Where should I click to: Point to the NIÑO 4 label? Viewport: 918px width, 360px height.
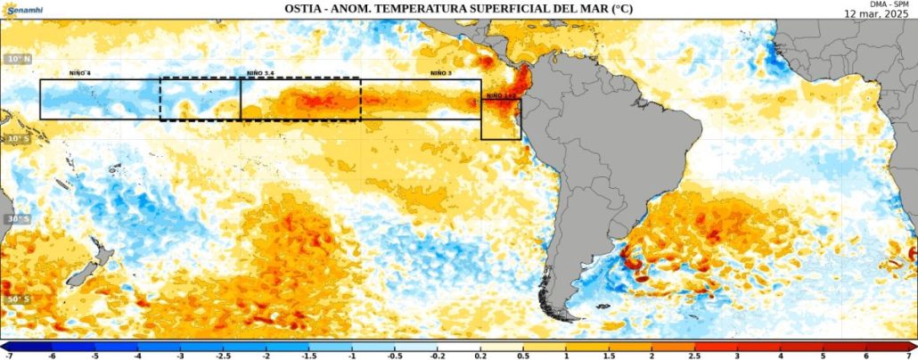pos(81,73)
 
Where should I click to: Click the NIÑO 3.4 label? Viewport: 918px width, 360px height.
pos(260,73)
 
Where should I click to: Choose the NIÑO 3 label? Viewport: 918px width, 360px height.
pos(439,73)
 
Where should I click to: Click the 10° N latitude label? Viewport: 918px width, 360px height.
pos(17,59)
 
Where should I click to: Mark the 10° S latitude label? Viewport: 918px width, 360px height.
pos(17,139)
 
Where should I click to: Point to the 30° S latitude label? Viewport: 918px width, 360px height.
pos(17,219)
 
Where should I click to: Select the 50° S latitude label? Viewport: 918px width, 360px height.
pos(17,299)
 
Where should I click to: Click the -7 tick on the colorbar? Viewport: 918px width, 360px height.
pos(8,356)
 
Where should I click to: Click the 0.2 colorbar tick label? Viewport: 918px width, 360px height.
pos(480,356)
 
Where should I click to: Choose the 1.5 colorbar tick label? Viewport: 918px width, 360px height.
pos(610,356)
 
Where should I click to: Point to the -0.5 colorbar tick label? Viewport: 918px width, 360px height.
pos(395,356)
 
